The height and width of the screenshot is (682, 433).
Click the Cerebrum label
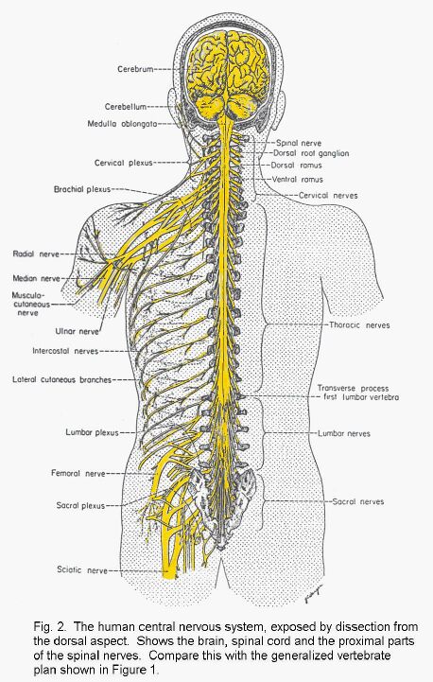point(135,69)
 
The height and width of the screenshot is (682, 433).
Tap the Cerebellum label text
point(126,107)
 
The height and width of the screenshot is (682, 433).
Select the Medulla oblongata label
point(122,124)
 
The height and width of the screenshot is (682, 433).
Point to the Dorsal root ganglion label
point(311,153)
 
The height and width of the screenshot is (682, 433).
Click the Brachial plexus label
point(82,189)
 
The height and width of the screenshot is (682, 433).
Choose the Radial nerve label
point(36,254)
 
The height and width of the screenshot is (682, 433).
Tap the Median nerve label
point(37,278)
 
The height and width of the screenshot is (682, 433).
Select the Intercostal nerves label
point(65,351)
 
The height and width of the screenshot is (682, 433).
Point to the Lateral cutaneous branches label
point(61,379)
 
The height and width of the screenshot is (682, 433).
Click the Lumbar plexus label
point(92,433)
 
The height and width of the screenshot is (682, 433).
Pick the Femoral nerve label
point(78,473)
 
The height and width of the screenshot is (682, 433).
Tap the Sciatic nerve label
point(82,569)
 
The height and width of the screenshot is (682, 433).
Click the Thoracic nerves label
point(359,324)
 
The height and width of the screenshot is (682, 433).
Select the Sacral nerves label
point(358,501)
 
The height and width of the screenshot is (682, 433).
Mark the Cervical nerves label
point(328,196)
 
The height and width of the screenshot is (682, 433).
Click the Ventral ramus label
point(298,179)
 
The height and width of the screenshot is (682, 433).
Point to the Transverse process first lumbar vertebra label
point(357,393)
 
